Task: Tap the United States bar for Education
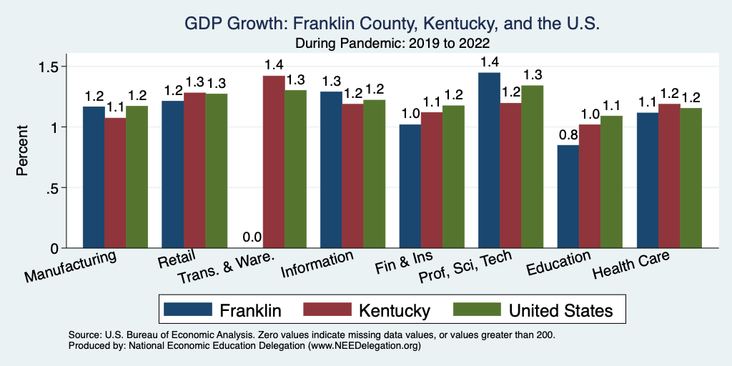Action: (x=611, y=182)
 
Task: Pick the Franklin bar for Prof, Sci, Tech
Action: (x=489, y=161)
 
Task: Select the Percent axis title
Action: (x=23, y=152)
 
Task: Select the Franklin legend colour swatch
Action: (x=188, y=310)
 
